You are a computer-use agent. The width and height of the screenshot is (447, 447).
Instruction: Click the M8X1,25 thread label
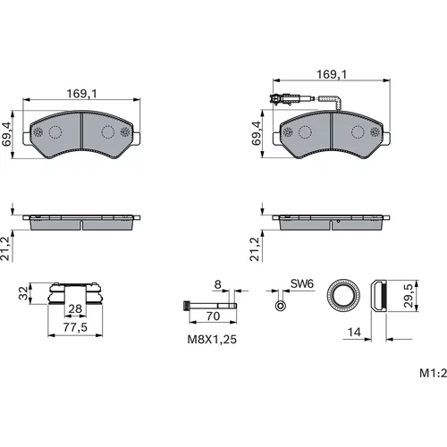pos(212,339)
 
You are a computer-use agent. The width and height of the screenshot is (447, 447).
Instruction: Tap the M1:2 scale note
pos(434,373)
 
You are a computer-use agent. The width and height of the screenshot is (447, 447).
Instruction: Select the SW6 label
pos(302,283)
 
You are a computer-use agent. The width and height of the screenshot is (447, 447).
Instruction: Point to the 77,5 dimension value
pos(75,327)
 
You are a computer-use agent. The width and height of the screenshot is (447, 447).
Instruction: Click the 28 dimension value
pos(75,308)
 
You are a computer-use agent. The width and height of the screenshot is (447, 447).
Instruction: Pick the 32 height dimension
pos(23,293)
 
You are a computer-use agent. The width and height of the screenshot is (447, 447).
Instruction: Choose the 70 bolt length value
pos(213,316)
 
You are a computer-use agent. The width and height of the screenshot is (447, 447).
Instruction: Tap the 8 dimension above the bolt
pos(218,284)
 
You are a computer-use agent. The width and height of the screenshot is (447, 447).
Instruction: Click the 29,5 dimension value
pos(409,296)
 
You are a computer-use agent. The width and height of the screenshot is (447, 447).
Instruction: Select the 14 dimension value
pos(354,332)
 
